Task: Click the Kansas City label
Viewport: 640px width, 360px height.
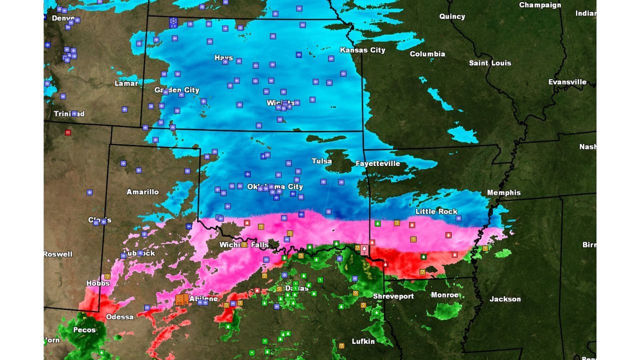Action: coord(362,50)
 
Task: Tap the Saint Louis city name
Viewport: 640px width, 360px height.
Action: coord(490,63)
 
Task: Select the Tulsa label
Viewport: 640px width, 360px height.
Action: coord(321,161)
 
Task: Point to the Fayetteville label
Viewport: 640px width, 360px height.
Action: coord(377,163)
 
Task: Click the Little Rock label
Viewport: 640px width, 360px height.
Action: coord(436,211)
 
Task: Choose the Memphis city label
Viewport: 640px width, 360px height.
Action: coord(503,192)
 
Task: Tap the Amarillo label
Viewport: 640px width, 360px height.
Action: coord(142,192)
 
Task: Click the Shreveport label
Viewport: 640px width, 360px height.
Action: coord(393,296)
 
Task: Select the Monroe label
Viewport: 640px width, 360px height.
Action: coord(445,295)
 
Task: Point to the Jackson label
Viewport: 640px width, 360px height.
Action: coord(505,299)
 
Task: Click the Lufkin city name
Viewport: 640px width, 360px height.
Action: coord(363,341)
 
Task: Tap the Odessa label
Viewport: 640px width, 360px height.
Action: coord(120,317)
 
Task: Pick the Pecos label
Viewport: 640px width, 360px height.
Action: coord(84,330)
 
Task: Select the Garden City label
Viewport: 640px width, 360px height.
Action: coord(176,90)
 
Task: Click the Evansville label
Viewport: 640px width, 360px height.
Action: coord(567,82)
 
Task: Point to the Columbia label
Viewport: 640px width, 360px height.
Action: coord(427,54)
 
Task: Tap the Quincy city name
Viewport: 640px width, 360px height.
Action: coord(452,16)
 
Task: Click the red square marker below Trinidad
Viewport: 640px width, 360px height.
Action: coord(68,132)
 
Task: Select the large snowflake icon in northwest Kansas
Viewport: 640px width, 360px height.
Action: coord(173,22)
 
